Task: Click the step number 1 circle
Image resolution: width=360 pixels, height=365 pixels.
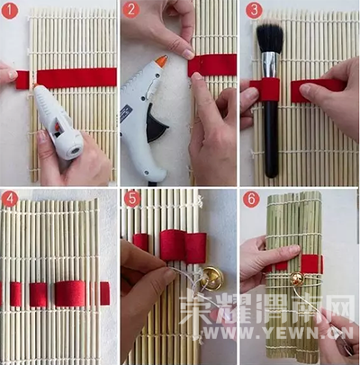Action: [x=10, y=11]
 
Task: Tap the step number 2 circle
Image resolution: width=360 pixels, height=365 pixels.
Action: [x=131, y=10]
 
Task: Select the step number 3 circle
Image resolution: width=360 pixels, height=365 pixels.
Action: [x=254, y=10]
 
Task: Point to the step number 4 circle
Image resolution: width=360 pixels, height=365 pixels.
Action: [x=10, y=199]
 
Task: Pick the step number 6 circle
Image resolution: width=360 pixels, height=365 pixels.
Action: [x=251, y=199]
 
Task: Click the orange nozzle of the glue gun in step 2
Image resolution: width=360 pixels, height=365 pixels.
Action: [x=162, y=61]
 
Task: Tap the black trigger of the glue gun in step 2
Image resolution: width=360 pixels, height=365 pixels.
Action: [x=156, y=126]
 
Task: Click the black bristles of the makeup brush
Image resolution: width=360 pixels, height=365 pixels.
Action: [x=270, y=39]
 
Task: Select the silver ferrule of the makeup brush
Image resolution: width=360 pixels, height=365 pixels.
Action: [x=270, y=65]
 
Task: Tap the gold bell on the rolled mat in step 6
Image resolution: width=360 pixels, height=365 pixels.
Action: [x=296, y=280]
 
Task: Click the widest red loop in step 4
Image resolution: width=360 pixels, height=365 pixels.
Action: [x=70, y=293]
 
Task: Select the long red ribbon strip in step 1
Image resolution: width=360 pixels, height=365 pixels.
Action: [x=76, y=78]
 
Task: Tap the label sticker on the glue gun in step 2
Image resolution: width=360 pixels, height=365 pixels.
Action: [x=126, y=113]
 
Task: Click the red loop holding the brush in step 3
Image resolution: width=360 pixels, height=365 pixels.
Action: [x=269, y=89]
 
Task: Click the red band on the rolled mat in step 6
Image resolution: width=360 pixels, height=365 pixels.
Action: [x=312, y=263]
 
